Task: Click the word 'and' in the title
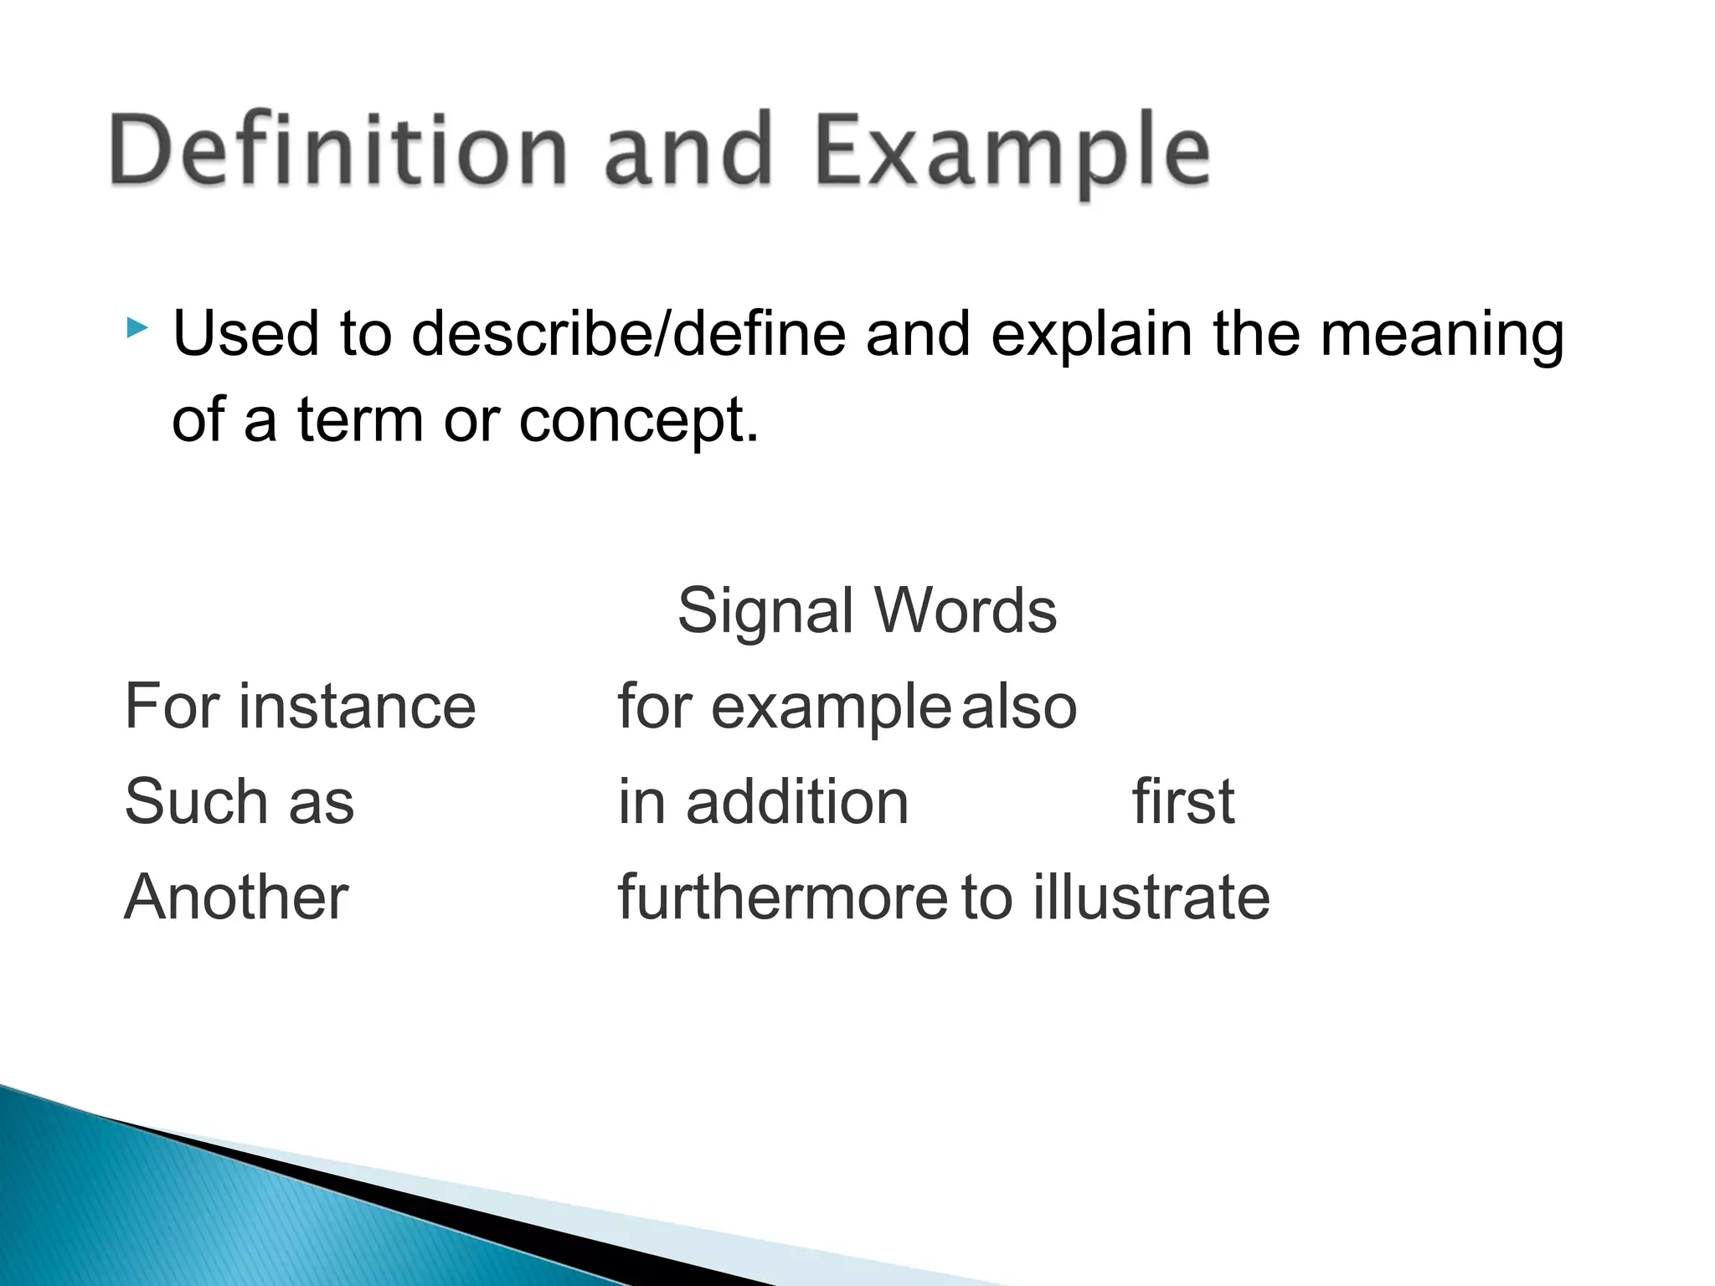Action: [x=687, y=151]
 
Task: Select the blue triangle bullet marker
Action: [x=137, y=327]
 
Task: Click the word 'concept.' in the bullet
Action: [x=639, y=421]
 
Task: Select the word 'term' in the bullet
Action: [x=360, y=419]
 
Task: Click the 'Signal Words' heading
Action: [x=867, y=610]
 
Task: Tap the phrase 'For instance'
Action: [x=300, y=706]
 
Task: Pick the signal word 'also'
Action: [x=1018, y=707]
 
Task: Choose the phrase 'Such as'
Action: [x=239, y=801]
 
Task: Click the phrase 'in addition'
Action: [x=763, y=801]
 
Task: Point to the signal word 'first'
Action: [x=1182, y=801]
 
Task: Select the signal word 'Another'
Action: [x=236, y=897]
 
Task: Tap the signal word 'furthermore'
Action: [x=782, y=897]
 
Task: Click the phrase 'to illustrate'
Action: [x=1115, y=897]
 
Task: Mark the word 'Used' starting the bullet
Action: [x=246, y=334]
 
